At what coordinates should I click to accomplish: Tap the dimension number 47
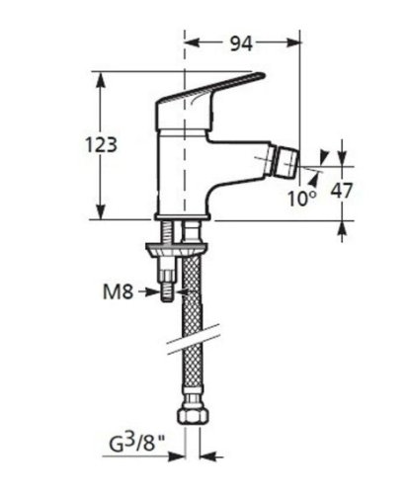341,190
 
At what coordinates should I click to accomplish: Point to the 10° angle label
302,197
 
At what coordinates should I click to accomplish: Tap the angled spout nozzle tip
287,160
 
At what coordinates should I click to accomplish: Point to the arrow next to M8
152,290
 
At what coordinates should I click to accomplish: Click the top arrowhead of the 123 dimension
102,78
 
